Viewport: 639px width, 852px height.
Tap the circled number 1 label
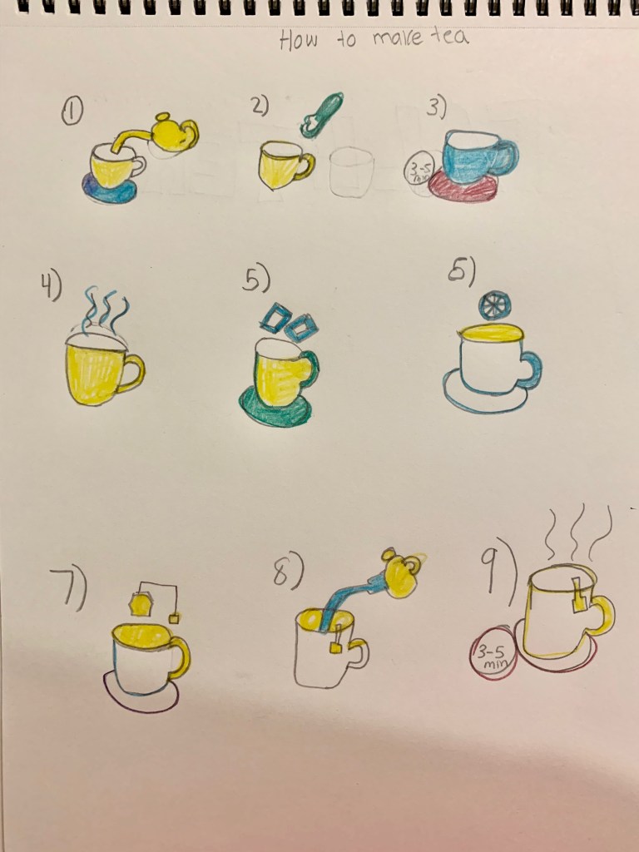[x=72, y=113]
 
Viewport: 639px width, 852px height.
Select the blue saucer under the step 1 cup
[x=109, y=191]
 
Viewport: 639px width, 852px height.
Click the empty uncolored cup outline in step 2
[x=351, y=171]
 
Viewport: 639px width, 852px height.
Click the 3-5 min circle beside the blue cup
[x=418, y=170]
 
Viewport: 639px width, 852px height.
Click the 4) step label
[x=51, y=285]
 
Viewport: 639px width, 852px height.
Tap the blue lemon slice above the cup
[x=494, y=305]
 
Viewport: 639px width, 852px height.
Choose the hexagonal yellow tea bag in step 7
[x=141, y=604]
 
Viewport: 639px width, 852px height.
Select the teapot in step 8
[x=403, y=573]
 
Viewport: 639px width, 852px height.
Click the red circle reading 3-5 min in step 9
[x=492, y=652]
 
